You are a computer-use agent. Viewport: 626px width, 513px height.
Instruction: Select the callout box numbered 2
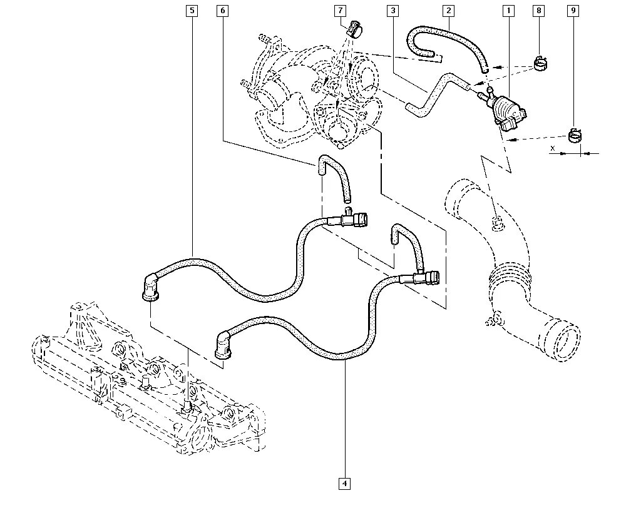(448, 11)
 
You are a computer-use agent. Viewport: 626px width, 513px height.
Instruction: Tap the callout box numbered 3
(392, 11)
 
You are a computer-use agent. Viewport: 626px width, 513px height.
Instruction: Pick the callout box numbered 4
(344, 483)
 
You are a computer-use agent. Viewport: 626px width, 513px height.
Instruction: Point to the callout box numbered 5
(192, 11)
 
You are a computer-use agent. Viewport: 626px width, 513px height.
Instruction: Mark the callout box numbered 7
(339, 11)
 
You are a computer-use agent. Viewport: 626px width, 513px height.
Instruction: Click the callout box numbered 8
(539, 11)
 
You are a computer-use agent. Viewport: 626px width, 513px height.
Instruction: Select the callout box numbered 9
(573, 11)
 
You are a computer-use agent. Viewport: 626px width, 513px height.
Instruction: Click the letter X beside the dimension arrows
(552, 148)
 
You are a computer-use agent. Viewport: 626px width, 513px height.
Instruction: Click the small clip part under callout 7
(357, 29)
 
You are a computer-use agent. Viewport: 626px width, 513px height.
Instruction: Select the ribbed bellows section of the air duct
(510, 278)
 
